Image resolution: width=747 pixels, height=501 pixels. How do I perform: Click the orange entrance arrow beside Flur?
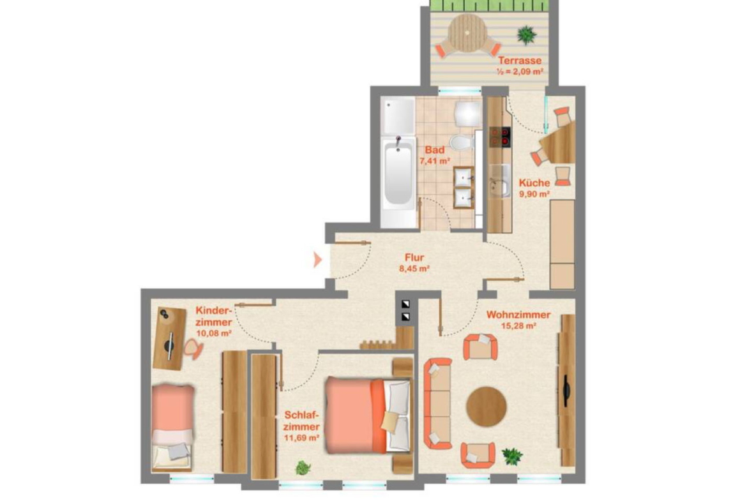317,260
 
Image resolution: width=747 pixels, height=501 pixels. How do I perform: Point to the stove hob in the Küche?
500,136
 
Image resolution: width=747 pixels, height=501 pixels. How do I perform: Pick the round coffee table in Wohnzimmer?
486,407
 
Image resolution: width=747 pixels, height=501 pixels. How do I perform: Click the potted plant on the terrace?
527,34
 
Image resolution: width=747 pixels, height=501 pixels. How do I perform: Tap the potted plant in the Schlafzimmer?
303,468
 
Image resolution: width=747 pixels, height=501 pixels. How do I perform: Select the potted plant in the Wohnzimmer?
512,456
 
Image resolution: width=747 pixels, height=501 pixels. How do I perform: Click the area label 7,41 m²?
435,161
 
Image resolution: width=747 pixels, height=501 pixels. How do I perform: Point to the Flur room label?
414,258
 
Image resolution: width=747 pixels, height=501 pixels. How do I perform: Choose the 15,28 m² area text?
519,325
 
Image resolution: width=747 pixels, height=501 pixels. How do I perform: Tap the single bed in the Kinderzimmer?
172,428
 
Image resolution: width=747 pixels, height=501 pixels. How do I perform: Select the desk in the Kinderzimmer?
169,338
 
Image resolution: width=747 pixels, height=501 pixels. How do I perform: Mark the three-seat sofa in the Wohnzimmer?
437,404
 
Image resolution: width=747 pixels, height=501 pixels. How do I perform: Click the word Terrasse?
520,61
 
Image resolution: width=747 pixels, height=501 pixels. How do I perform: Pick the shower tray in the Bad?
398,116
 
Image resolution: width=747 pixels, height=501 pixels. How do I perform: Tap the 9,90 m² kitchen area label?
534,194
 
